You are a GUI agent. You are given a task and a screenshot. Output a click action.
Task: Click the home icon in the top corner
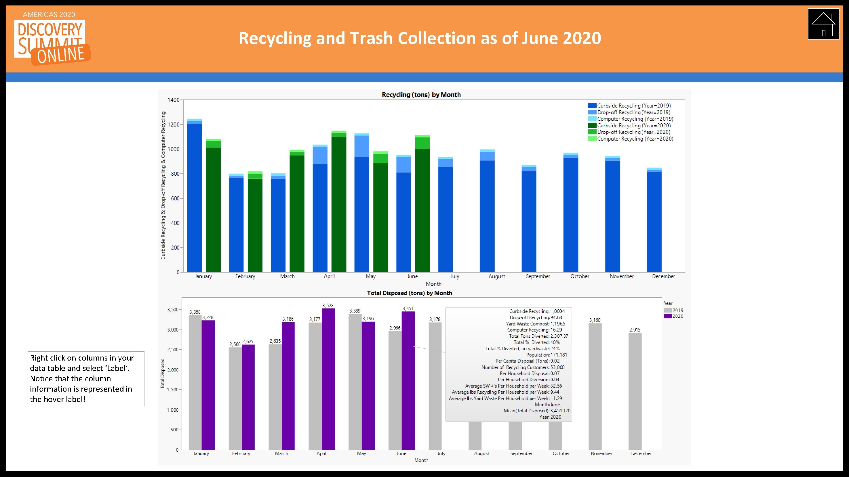click(x=823, y=24)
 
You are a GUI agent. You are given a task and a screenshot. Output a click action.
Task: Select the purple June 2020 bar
click(x=408, y=380)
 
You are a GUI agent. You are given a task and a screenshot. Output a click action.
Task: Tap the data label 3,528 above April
click(x=328, y=305)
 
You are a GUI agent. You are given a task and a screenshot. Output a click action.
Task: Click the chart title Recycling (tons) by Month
click(x=421, y=95)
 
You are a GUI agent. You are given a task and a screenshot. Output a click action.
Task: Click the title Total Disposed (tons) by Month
click(x=409, y=293)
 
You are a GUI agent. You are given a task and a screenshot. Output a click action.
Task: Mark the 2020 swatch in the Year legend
click(x=668, y=316)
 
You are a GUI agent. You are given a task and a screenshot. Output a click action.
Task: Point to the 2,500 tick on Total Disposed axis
click(x=173, y=350)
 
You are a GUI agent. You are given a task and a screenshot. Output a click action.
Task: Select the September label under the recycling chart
click(x=538, y=276)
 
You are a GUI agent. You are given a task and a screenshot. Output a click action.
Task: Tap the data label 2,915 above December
click(x=635, y=330)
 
